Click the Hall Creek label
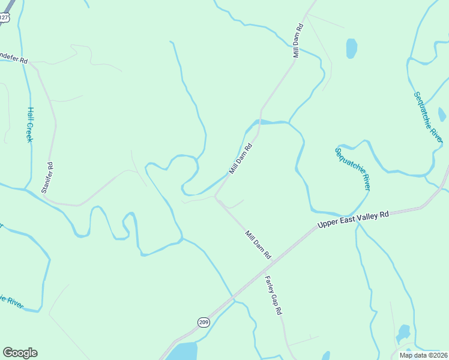[x=29, y=125]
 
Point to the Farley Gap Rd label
[x=273, y=295]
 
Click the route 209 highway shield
[x=203, y=322]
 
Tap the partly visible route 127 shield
[x=4, y=17]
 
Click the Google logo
[x=20, y=353]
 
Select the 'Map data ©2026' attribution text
[x=423, y=355]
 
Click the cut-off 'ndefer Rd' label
[x=14, y=61]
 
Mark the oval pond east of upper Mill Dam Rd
[x=351, y=48]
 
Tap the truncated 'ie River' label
[x=11, y=302]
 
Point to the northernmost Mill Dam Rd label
[x=298, y=41]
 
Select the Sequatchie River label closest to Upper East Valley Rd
[x=352, y=169]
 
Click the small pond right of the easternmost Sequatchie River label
[x=442, y=114]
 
